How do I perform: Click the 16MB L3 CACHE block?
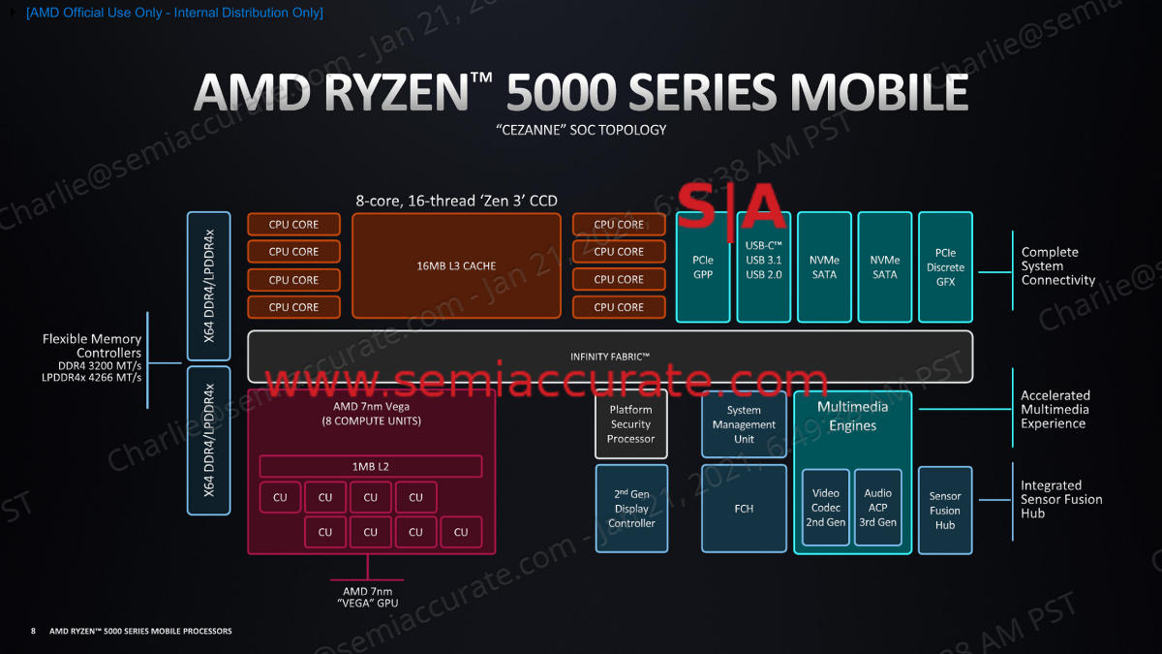coord(456,265)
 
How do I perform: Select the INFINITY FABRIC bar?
coord(610,357)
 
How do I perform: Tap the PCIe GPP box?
coord(703,266)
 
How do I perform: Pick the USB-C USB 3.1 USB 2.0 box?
coord(764,266)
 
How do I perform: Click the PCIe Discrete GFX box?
coord(945,266)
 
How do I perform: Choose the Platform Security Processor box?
coord(631,424)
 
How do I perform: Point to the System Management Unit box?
coord(744,424)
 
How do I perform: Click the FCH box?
coord(744,509)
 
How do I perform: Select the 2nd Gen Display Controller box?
coord(631,509)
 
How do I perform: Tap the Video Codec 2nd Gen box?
coord(826,508)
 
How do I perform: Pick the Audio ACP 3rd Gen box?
coord(877,508)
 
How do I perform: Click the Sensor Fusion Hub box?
coord(944,511)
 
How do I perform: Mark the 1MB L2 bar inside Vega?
coord(371,467)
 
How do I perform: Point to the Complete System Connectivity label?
coord(1058,266)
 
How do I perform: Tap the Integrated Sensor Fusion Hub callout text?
coord(1061,499)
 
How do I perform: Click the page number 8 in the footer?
coord(33,631)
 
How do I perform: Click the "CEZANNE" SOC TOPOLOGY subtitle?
coord(581,130)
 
